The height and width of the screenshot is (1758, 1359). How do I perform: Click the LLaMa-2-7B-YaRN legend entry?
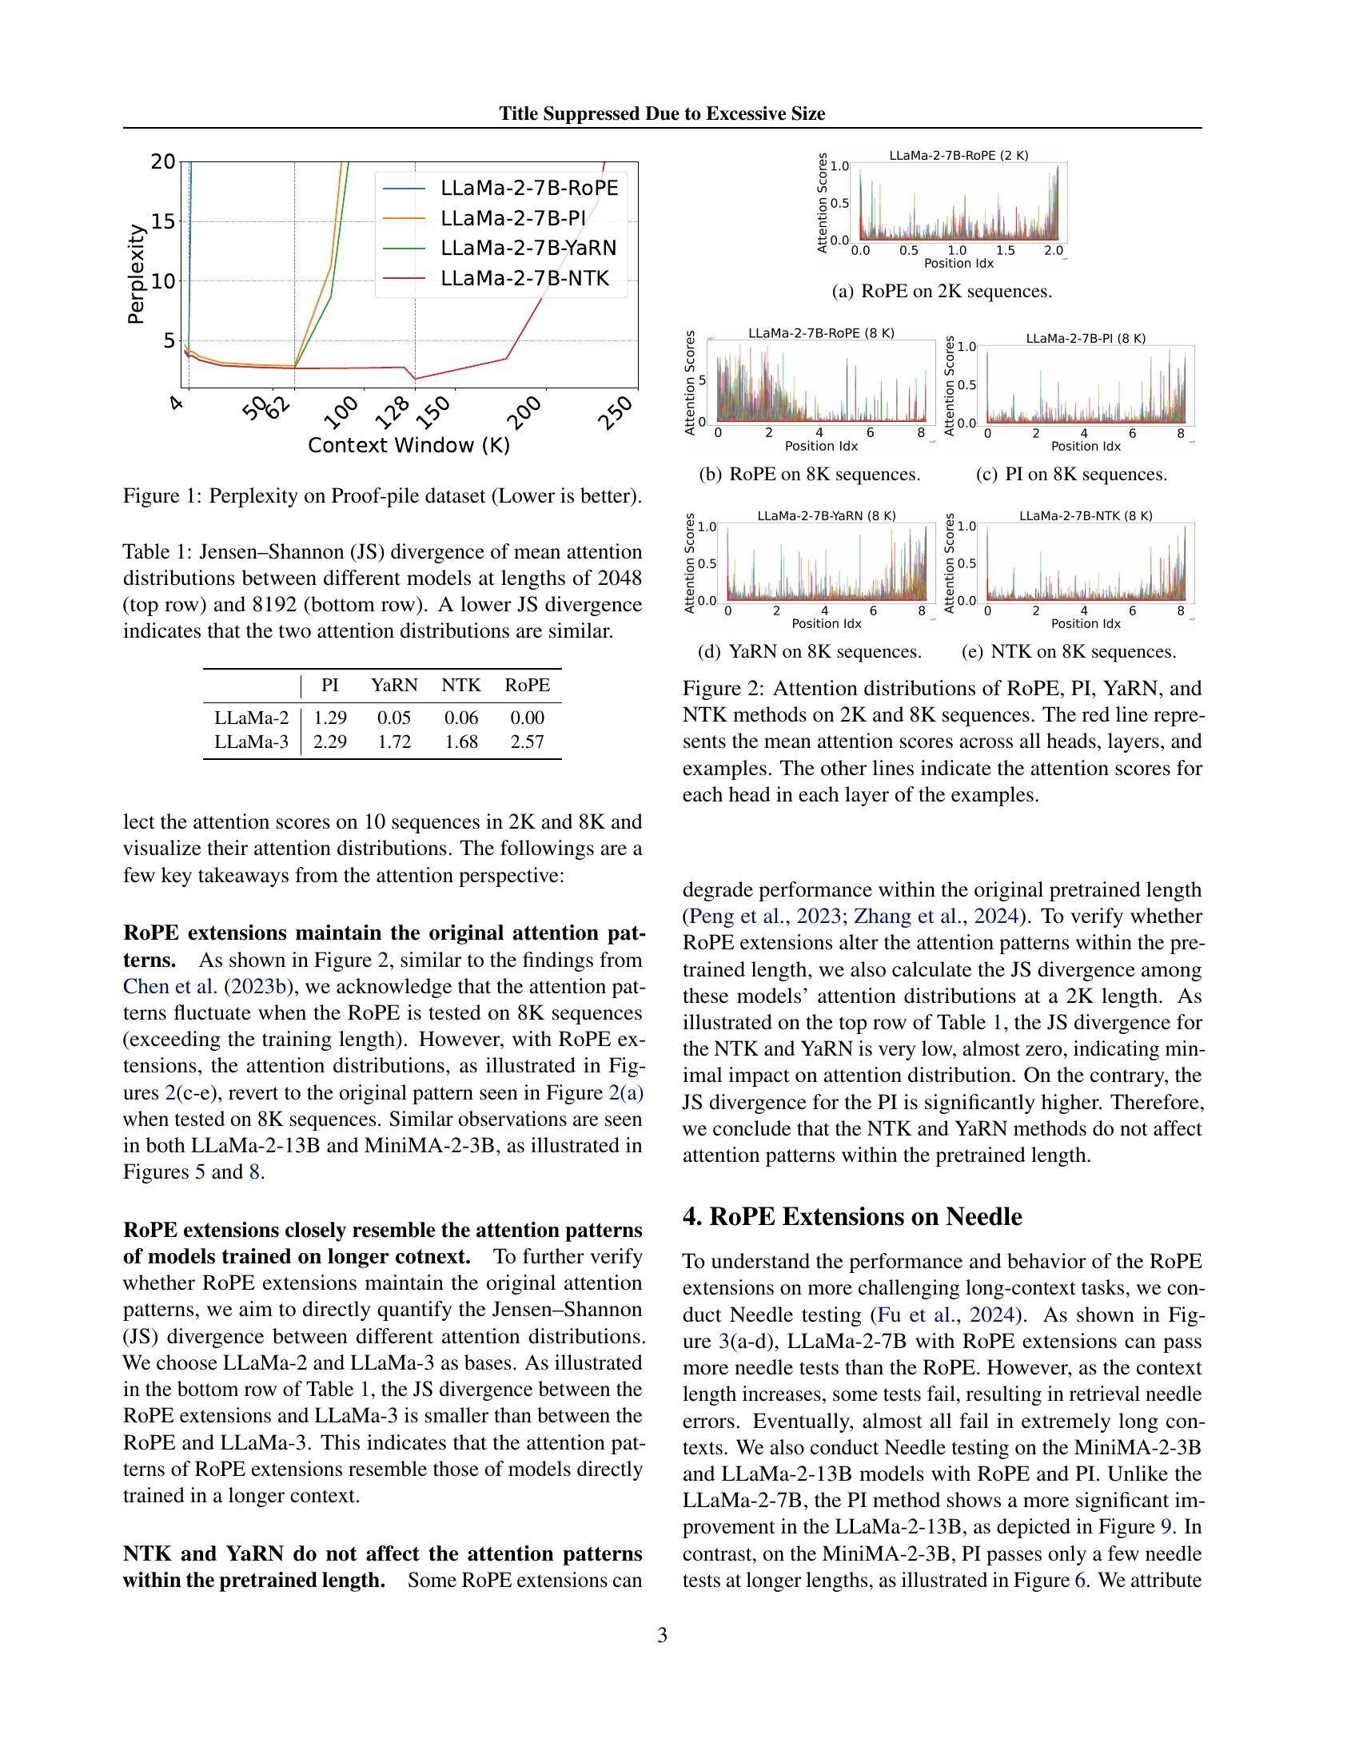tap(528, 248)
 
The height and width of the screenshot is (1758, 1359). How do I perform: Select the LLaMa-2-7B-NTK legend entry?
tap(524, 279)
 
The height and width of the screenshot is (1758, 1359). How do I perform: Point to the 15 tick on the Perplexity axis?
tap(162, 221)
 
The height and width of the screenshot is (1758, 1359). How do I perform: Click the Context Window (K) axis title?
tap(409, 445)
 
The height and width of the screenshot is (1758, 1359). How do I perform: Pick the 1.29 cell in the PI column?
tap(330, 718)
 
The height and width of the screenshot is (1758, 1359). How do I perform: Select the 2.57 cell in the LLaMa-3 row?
tap(528, 742)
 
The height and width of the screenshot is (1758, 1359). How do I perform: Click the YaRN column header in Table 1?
tap(393, 685)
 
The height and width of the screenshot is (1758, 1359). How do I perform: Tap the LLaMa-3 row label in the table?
tap(251, 742)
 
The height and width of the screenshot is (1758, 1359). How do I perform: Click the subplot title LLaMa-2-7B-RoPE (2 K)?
tap(958, 155)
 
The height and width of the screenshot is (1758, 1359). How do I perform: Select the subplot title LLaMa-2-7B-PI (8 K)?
tap(1086, 338)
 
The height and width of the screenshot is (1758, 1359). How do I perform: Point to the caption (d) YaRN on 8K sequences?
tap(810, 651)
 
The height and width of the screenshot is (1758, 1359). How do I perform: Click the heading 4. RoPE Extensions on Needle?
tap(852, 1215)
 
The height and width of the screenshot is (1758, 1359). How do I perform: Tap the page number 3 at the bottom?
tap(662, 1635)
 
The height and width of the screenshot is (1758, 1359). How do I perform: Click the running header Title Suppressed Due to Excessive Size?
tap(662, 113)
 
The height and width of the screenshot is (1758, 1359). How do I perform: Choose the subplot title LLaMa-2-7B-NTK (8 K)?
tap(1086, 515)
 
